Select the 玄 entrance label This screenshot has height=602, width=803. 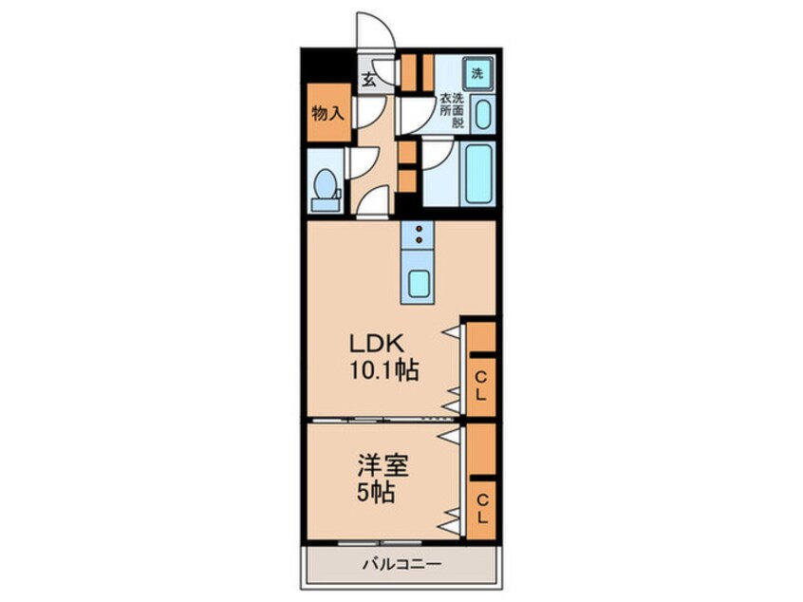click(x=368, y=81)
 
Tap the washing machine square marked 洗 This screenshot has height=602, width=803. click(x=477, y=73)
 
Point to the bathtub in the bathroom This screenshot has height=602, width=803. click(x=476, y=174)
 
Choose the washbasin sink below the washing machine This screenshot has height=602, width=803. click(x=481, y=116)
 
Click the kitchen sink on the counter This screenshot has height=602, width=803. click(x=419, y=282)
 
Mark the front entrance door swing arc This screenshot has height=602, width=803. click(x=372, y=28)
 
